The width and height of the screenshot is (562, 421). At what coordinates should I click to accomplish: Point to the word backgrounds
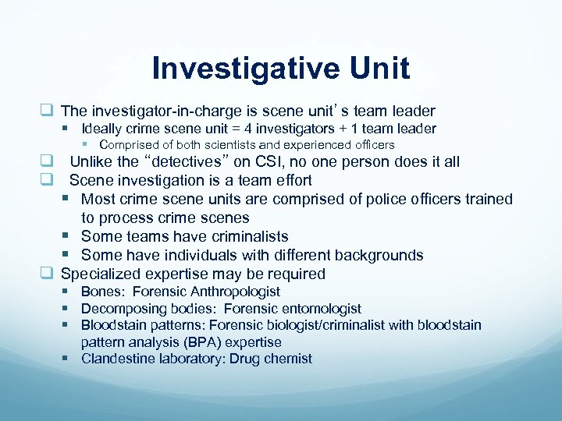point(380,255)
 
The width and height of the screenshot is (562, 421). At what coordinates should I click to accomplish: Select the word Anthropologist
point(232,292)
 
